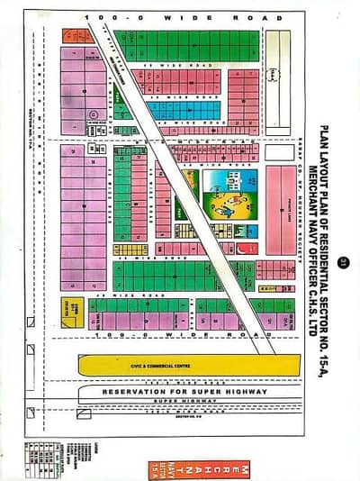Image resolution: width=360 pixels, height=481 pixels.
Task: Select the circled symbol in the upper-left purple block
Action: click(94, 114)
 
